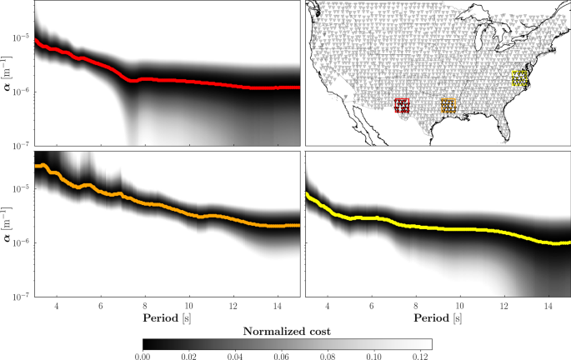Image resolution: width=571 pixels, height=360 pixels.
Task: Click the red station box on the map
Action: coord(403,105)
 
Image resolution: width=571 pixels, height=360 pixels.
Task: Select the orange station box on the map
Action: coord(448,105)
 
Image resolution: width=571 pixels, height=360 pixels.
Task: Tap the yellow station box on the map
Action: coord(520,78)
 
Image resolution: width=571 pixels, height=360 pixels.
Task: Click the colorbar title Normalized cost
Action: coord(287,331)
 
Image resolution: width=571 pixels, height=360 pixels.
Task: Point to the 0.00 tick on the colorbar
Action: coord(143,354)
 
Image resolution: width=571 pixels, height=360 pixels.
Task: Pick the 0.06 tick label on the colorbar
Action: coord(281,354)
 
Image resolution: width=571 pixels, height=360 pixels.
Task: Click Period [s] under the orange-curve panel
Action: coord(166,318)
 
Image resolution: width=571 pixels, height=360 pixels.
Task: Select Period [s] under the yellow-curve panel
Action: coord(438,318)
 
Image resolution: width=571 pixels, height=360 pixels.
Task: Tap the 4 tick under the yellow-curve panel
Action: coord(328,305)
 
